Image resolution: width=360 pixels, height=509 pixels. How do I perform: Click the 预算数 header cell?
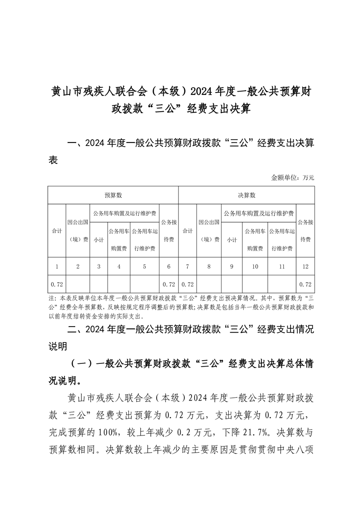point(113,195)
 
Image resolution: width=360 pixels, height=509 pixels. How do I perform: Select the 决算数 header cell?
point(247,195)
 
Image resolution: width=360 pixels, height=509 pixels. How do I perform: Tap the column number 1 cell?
point(57,267)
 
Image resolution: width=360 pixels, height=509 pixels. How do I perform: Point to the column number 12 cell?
point(305,267)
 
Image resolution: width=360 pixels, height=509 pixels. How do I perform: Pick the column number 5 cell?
point(144,267)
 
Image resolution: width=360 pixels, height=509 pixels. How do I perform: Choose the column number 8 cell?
point(209,267)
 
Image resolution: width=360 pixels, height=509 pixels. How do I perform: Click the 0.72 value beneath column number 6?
point(168,284)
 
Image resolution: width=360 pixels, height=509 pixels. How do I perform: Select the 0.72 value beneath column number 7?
point(187,284)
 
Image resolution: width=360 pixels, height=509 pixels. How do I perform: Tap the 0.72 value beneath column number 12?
point(305,284)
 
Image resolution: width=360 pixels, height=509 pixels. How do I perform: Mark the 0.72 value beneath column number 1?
point(57,284)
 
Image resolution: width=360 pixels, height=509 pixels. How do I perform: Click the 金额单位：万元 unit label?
point(292,177)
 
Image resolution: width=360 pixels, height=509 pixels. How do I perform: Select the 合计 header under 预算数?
point(57,231)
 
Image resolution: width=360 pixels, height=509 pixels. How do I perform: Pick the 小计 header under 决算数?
point(232,240)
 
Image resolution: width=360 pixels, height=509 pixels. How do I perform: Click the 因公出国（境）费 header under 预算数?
point(78,231)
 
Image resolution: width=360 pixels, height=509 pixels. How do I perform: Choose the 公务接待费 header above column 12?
point(305,231)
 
